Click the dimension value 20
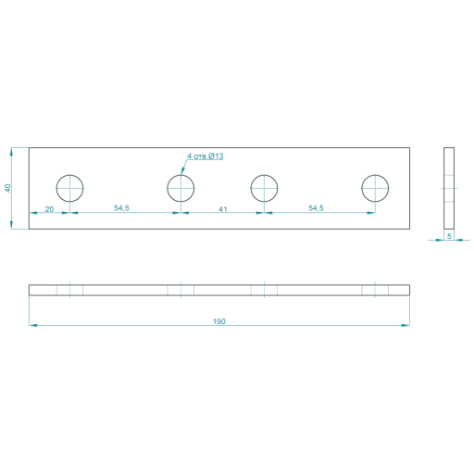click(x=49, y=209)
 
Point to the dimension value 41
click(x=223, y=209)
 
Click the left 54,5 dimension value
click(x=121, y=208)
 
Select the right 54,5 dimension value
click(x=316, y=208)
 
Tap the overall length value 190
click(x=219, y=321)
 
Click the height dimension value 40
click(x=7, y=188)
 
